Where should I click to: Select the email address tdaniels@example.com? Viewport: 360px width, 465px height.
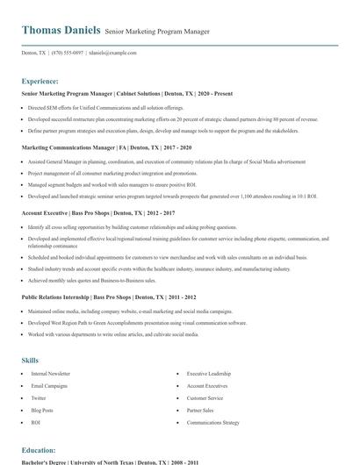pos(113,53)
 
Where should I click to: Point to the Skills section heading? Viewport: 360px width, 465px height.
pos(30,360)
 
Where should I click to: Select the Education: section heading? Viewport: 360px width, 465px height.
pos(40,450)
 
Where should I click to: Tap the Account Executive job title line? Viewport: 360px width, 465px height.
pos(97,212)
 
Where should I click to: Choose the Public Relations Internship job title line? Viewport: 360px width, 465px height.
pos(109,297)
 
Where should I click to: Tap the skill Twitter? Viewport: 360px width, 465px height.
pos(38,397)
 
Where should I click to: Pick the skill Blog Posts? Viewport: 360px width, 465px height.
pos(42,410)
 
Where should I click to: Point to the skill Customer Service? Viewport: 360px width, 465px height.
pos(205,397)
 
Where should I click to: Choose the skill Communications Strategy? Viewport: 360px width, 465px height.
pos(212,422)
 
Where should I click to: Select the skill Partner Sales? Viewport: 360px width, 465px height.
pos(200,410)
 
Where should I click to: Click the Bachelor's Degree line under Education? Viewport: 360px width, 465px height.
pos(110,462)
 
